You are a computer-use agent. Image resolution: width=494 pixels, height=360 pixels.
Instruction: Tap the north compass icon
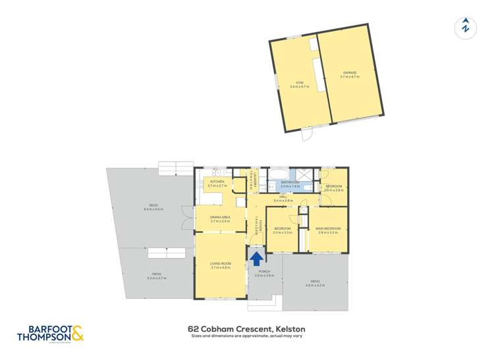point(465,27)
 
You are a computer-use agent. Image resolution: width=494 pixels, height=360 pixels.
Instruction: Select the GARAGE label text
point(349,72)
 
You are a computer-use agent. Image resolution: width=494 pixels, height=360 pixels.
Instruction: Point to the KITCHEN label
point(217,182)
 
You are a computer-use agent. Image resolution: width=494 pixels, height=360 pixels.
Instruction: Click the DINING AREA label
point(220,217)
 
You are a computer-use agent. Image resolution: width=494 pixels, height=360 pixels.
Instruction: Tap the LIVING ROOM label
point(219,264)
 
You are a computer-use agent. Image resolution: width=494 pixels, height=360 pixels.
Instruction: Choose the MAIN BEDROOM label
point(328,228)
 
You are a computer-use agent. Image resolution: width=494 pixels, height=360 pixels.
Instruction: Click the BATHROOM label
point(290,182)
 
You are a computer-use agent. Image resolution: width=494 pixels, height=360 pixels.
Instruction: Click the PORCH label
point(263,271)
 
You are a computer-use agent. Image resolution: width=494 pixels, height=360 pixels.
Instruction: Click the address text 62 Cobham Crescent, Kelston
point(246,328)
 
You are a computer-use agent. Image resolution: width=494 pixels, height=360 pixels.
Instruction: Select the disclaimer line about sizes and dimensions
point(246,336)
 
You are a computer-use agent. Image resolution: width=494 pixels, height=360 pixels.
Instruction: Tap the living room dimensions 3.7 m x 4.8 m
point(219,268)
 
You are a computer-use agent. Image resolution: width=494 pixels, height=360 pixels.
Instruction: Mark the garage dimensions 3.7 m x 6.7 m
point(349,77)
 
